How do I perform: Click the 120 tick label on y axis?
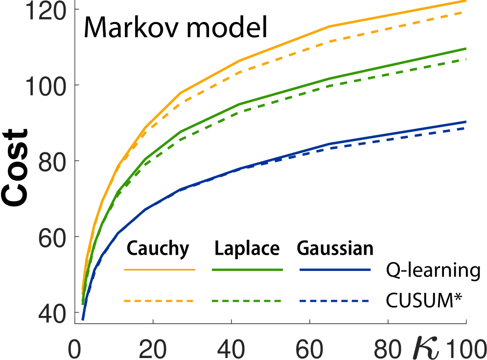pyautogui.click(x=46, y=11)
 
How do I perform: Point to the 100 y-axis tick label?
pyautogui.click(x=46, y=87)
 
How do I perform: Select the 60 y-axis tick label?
pyautogui.click(x=52, y=239)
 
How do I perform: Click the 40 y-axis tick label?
pyautogui.click(x=52, y=313)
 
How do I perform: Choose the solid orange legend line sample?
pyautogui.click(x=160, y=269)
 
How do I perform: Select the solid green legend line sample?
pyautogui.click(x=247, y=269)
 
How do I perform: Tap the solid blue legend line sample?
pyautogui.click(x=335, y=269)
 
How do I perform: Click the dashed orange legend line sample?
pyautogui.click(x=160, y=301)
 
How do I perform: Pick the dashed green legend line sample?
pyautogui.click(x=247, y=301)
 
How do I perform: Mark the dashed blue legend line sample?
pyautogui.click(x=335, y=301)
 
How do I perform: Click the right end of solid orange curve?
pyautogui.click(x=465, y=1)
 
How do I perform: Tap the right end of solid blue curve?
pyautogui.click(x=465, y=121)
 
